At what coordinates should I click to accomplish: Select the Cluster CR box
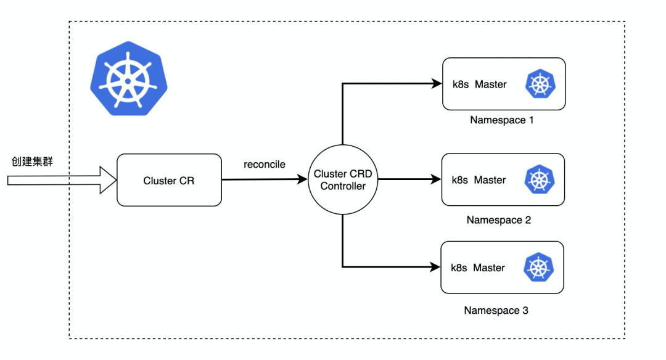[169, 180]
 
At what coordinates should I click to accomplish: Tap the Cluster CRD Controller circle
[343, 180]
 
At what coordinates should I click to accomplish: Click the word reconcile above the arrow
[265, 164]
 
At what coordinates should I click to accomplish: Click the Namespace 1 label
[502, 120]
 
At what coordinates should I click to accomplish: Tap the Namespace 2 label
[498, 220]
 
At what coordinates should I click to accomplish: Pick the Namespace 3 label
[496, 310]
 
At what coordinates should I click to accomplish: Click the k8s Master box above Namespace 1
[503, 84]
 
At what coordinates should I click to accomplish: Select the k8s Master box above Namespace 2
[503, 180]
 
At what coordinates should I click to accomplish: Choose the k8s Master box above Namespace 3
[502, 268]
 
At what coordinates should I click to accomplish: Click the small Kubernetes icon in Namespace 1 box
[540, 84]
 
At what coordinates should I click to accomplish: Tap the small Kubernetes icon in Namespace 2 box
[539, 180]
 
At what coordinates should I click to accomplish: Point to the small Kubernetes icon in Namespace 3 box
[538, 268]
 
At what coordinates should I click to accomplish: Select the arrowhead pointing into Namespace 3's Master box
[435, 267]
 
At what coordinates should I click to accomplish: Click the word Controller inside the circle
[343, 186]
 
